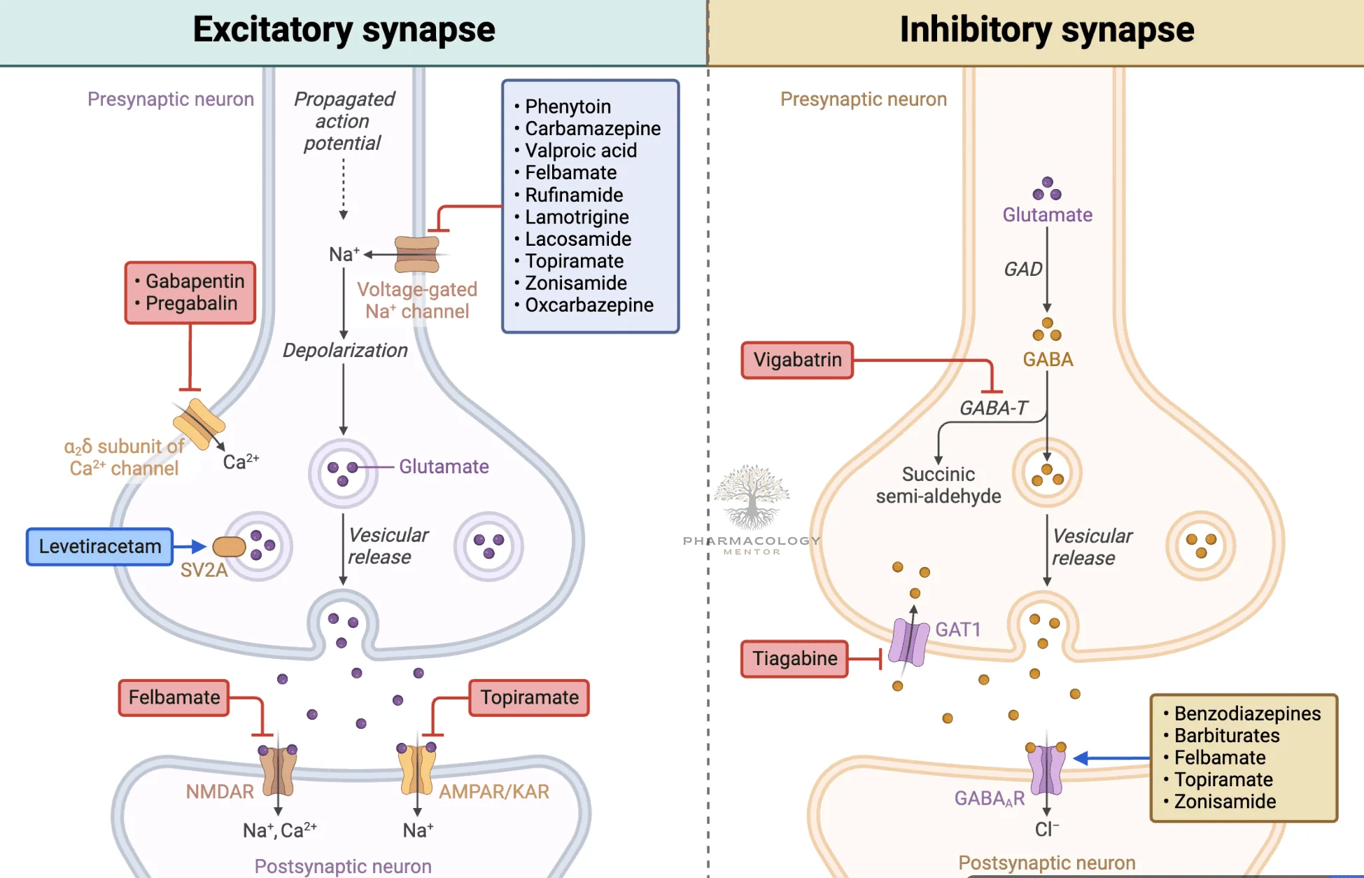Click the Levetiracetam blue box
[x=99, y=546]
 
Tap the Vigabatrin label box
[x=797, y=360]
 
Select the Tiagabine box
[x=794, y=658]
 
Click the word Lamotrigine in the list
[x=577, y=217]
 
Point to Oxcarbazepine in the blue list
[x=589, y=305]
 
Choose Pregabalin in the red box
[x=191, y=304]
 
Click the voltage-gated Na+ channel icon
[x=416, y=254]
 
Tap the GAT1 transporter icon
[x=908, y=641]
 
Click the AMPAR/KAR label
[x=493, y=792]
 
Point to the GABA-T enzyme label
[x=993, y=408]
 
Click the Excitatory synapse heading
[x=344, y=30]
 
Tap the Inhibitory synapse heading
[x=1046, y=30]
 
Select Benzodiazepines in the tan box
[x=1247, y=713]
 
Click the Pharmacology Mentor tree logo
[x=752, y=497]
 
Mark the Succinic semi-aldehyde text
[x=938, y=485]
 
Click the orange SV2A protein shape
[x=229, y=546]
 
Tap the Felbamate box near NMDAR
[x=174, y=697]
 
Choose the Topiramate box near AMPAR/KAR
[x=529, y=697]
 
